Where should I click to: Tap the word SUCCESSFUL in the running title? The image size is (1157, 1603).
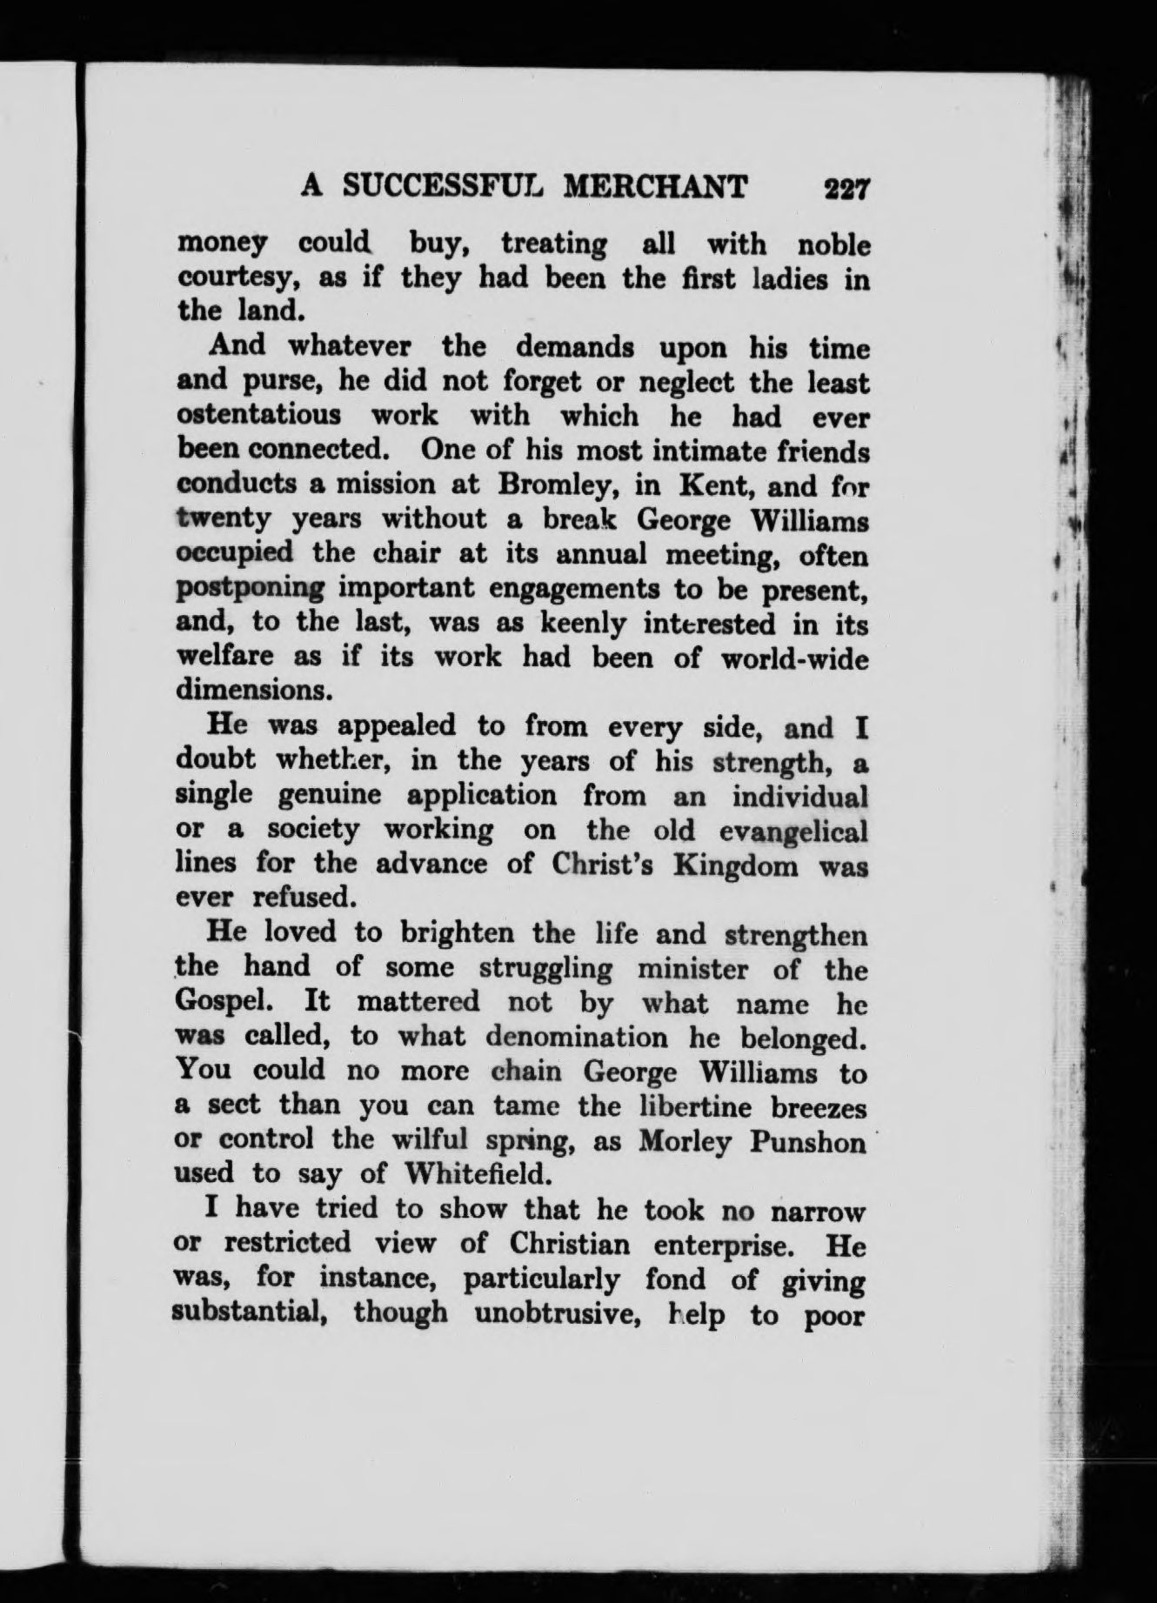click(440, 187)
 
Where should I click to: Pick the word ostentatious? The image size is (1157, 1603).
click(259, 415)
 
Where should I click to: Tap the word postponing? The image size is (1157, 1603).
click(250, 589)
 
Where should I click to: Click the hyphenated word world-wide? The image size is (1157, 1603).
click(795, 658)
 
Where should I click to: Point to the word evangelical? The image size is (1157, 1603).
click(794, 831)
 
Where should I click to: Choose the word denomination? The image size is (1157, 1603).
click(578, 1037)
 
